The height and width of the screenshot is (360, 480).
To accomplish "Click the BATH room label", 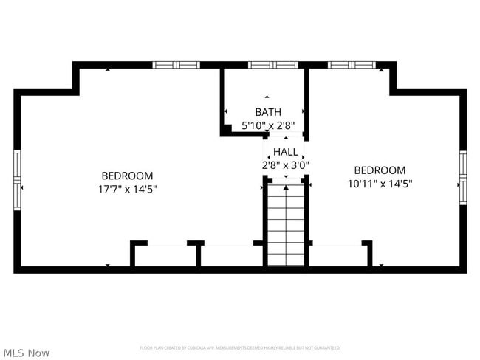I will point(267,112).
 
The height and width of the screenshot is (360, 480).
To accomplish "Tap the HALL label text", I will point(286,152).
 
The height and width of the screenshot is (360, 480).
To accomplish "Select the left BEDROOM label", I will point(127,176).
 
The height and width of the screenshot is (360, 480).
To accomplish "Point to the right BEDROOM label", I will point(380,170).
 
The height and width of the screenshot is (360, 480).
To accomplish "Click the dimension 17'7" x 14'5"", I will point(127,189).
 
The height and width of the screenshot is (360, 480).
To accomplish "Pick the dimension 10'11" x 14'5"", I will point(380,184).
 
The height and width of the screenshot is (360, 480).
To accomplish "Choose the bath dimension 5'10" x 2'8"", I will point(267,125).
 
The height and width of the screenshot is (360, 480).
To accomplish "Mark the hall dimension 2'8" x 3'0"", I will point(286,165).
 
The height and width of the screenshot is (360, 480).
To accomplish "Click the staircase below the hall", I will point(286,225).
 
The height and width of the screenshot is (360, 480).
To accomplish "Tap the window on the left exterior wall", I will point(17,180).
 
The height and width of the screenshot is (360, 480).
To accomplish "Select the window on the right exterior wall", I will point(463,177).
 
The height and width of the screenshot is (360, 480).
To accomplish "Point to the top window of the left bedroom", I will point(176,65).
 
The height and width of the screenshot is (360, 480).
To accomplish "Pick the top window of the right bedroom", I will point(352,65).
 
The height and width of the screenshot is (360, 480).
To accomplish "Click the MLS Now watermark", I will point(26,353).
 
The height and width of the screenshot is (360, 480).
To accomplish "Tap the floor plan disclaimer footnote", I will point(240,347).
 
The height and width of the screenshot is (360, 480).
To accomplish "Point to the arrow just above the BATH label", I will point(267,97).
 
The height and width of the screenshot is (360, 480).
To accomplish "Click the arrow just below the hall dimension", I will point(286,176).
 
